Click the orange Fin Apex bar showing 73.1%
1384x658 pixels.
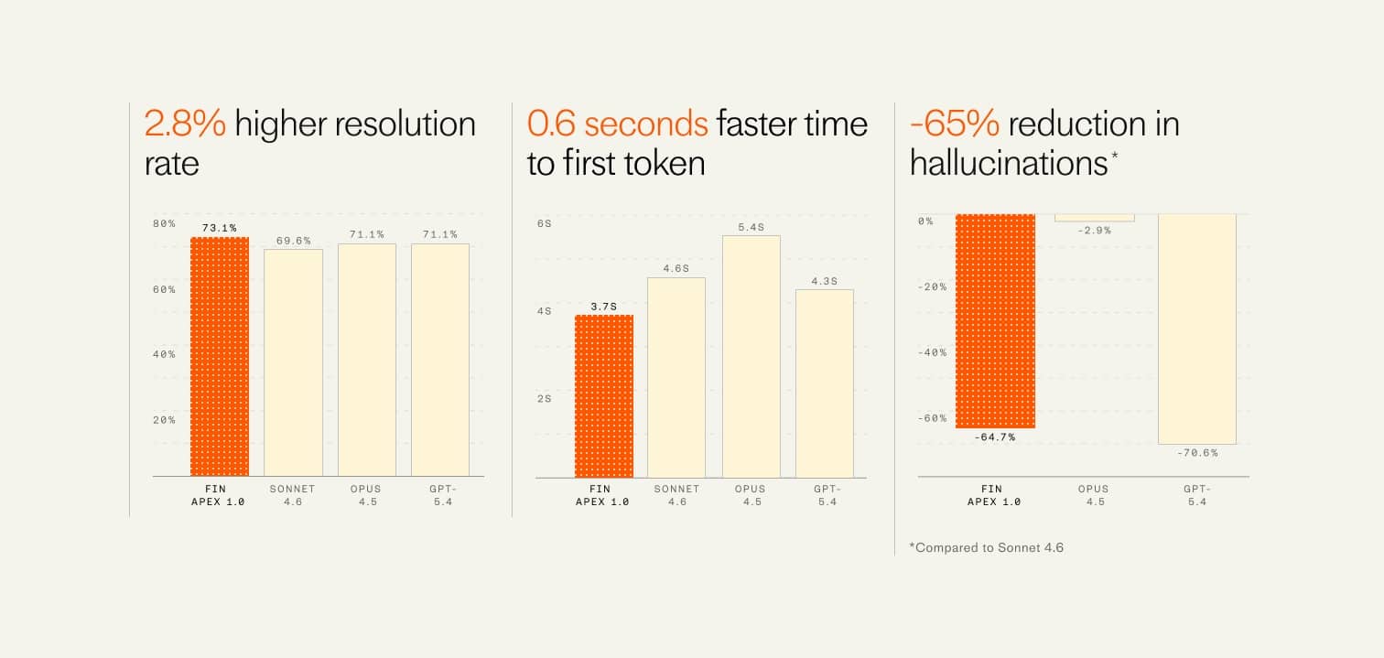coord(220,357)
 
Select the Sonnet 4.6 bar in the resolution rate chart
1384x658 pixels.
coord(294,362)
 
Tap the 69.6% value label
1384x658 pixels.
coord(294,241)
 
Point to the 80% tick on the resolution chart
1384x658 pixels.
coord(165,223)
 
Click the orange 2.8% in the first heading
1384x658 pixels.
coord(185,123)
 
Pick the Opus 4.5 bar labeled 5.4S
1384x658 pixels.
coord(751,357)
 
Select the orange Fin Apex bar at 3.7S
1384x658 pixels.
coord(603,396)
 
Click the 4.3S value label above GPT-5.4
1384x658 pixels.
coord(824,281)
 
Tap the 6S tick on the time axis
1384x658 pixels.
coord(545,223)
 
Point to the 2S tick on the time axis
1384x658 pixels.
coord(545,398)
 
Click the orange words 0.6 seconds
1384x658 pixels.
coord(617,123)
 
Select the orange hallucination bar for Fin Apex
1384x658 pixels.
coord(995,320)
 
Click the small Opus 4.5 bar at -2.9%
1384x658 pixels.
coord(1094,218)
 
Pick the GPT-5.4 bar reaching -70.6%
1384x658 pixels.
coord(1197,329)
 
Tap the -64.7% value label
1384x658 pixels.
coord(995,437)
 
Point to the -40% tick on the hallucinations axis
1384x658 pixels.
coord(933,352)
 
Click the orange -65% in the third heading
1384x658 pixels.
coord(955,123)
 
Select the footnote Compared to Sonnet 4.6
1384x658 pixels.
coord(987,547)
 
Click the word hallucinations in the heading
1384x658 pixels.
coord(1009,163)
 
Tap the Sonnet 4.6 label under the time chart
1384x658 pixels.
coord(676,495)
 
